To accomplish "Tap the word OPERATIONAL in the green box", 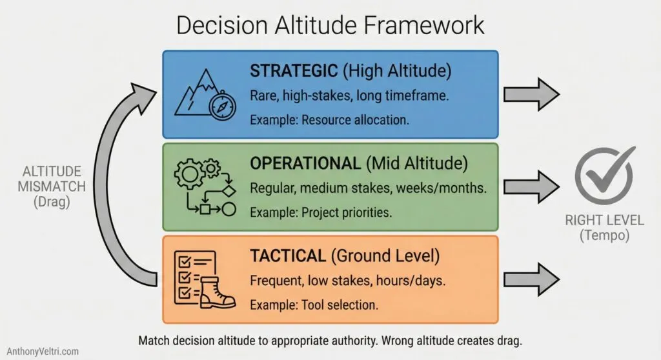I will click(x=305, y=163).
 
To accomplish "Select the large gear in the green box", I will click(x=188, y=174).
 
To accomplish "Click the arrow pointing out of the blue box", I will click(x=531, y=94).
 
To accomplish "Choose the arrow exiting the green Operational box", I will click(x=531, y=187).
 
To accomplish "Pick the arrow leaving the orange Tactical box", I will click(x=531, y=279).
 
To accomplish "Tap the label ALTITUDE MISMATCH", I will click(x=52, y=179).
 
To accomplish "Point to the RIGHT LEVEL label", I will click(x=604, y=220).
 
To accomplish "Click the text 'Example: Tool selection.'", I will click(x=313, y=305).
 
